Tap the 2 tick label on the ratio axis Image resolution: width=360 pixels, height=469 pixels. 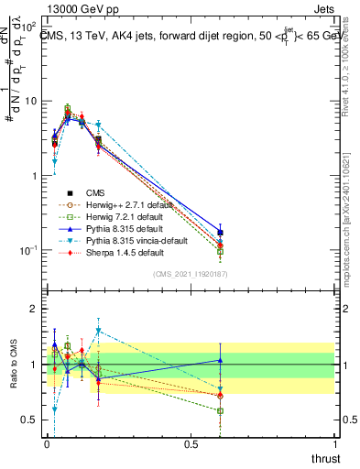tap(34, 309)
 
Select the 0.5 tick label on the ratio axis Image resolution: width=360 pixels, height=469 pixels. tap(29, 420)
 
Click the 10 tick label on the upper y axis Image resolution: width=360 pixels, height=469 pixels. tap(30, 101)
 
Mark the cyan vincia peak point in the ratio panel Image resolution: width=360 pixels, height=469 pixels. tap(98, 331)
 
